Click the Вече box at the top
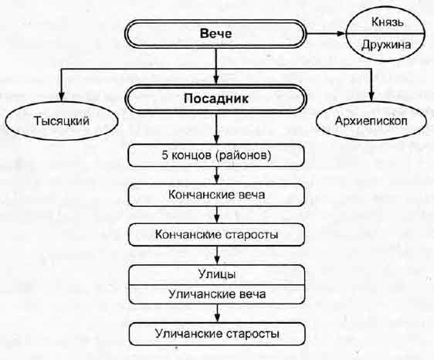point(215,34)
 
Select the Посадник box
point(216,99)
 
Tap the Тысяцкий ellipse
point(62,121)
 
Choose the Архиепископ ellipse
point(371,121)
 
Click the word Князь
point(387,22)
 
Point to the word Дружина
point(386,45)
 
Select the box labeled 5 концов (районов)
point(216,155)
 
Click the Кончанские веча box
point(216,195)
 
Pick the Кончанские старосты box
point(216,235)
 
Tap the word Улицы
point(217,274)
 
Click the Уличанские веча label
point(217,294)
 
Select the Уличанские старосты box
point(217,334)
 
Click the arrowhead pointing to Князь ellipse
point(341,33)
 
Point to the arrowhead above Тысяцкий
point(62,97)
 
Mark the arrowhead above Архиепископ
point(371,97)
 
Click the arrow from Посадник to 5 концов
point(216,128)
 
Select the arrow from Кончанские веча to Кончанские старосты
point(217,215)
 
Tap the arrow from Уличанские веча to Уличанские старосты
point(217,313)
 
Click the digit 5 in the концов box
point(164,155)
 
